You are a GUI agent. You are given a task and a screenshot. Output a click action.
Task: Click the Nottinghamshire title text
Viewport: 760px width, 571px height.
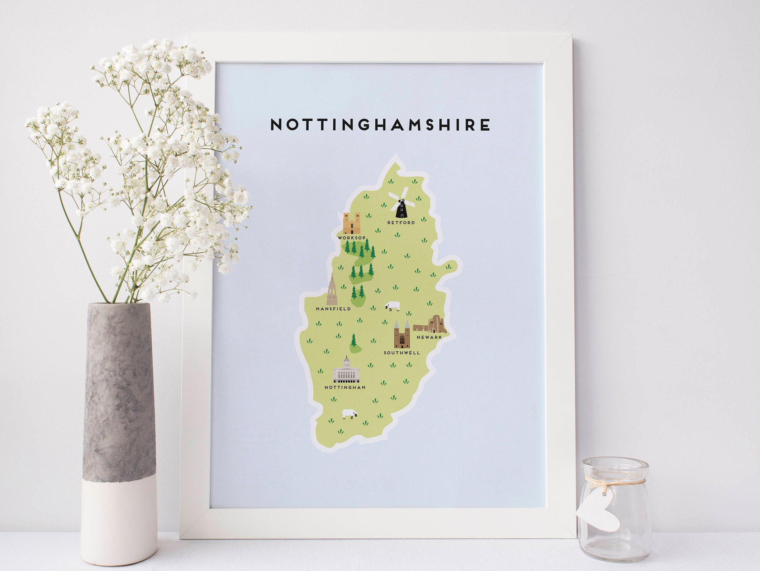(380, 125)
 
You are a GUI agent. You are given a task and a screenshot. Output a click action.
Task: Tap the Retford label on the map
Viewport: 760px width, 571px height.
(401, 223)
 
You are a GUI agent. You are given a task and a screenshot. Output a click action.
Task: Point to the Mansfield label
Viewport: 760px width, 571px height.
(333, 309)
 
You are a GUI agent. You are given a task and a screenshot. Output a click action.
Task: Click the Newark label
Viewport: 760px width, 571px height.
(429, 337)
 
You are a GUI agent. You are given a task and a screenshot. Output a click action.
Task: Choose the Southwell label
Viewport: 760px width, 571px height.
(401, 353)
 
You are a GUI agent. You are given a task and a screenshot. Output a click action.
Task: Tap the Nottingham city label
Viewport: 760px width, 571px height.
(345, 387)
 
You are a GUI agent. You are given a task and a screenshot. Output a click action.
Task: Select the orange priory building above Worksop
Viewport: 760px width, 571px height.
(351, 224)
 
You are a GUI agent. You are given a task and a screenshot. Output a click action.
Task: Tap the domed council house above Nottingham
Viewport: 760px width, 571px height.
(346, 370)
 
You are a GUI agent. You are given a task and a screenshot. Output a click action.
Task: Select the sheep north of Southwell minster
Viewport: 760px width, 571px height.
(393, 306)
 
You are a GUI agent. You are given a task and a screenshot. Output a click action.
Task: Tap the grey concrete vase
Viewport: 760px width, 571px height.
(119, 427)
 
